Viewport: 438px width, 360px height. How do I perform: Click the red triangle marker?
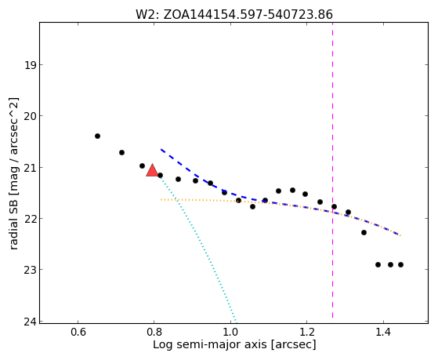click(x=152, y=171)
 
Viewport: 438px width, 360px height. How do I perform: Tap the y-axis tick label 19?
click(x=30, y=65)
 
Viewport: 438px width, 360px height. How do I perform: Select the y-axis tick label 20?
click(x=30, y=116)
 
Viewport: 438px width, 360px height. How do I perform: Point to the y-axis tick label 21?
click(x=30, y=167)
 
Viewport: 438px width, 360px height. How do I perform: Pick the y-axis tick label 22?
click(x=30, y=218)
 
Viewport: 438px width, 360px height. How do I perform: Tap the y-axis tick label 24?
click(x=30, y=322)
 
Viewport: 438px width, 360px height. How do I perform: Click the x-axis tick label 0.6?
click(x=78, y=332)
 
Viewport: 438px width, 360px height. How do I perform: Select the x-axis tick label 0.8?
click(x=154, y=332)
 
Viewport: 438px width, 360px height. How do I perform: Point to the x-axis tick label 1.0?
click(x=230, y=332)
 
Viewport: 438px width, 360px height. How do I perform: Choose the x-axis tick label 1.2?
click(x=307, y=332)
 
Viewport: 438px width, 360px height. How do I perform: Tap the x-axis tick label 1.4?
click(x=383, y=332)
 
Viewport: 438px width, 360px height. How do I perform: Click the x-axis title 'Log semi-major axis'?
click(x=210, y=344)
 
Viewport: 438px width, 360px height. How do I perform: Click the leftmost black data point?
click(x=97, y=136)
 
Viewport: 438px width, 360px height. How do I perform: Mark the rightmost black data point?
click(x=401, y=264)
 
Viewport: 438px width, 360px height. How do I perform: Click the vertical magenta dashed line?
click(x=333, y=170)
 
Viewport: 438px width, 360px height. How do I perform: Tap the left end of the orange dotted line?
click(x=161, y=200)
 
